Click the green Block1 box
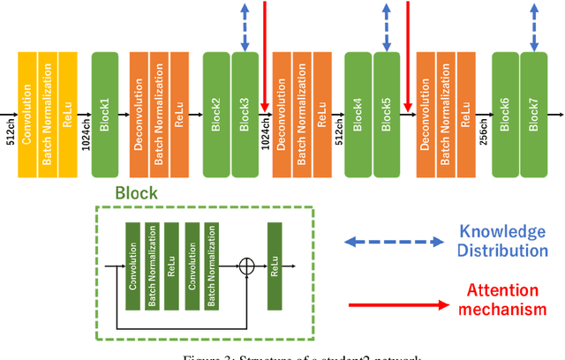pos(104,113)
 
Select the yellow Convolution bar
pos(27,113)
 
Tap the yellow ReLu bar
pos(68,113)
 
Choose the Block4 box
pos(358,113)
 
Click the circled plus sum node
pos(247,264)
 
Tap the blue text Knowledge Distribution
pos(501,240)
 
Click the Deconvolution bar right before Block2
pos(139,113)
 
